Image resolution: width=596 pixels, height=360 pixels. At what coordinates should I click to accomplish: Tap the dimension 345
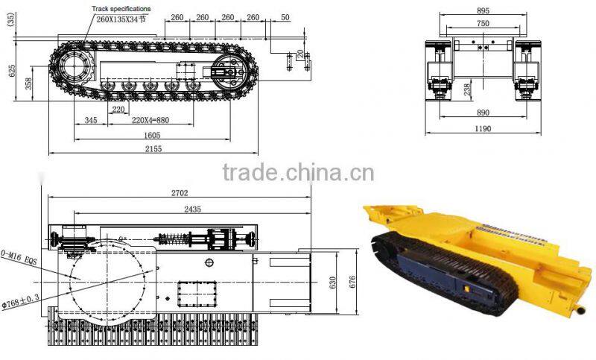[x=91, y=119]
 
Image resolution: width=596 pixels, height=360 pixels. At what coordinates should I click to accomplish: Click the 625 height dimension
[x=12, y=72]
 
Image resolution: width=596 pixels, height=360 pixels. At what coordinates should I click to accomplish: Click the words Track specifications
[x=121, y=7]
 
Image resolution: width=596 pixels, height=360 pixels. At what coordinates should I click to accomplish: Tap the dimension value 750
[x=483, y=23]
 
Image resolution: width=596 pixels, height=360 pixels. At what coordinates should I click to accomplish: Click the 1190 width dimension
[x=483, y=128]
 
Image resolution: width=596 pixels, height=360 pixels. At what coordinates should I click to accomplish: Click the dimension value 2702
[x=180, y=192]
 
